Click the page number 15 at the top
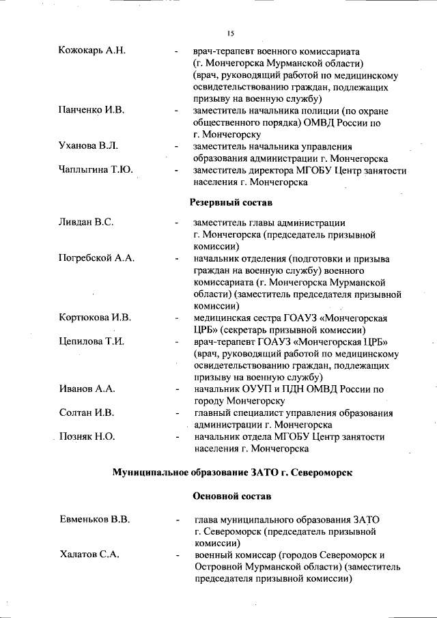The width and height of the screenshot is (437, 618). point(230,33)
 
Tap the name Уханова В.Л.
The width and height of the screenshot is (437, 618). point(89,145)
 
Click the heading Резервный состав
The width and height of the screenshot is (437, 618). point(230,203)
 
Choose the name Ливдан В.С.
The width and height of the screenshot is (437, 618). point(86,223)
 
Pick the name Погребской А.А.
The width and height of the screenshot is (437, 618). point(97,259)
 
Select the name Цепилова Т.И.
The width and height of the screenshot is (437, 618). point(91,341)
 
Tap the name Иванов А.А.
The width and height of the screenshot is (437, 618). point(87,389)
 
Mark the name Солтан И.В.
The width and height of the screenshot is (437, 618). point(87,413)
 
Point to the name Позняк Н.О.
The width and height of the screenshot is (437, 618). point(87,436)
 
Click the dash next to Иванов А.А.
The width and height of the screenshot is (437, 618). point(177,389)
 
